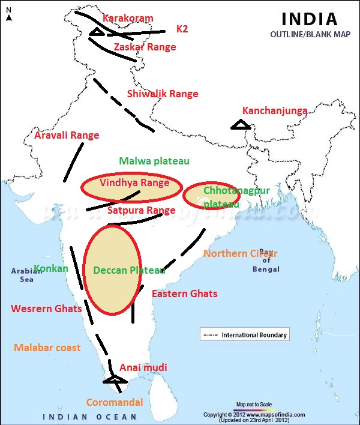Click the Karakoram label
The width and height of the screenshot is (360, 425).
128,19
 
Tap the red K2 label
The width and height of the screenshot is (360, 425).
182,29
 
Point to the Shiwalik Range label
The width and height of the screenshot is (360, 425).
162,94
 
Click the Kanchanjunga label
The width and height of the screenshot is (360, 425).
275,111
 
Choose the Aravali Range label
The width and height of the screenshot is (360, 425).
67,136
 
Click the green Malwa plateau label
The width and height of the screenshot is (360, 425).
154,161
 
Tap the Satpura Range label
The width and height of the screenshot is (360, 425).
141,211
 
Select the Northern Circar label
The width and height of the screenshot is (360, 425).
240,253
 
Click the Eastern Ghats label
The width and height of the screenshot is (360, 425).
184,294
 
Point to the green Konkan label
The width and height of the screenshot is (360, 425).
51,268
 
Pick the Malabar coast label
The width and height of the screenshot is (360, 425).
47,348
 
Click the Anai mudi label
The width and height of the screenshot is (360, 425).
143,367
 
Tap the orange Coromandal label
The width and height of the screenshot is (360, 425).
115,402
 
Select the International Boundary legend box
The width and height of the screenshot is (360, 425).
244,334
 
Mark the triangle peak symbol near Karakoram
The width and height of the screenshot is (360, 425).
97,32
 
